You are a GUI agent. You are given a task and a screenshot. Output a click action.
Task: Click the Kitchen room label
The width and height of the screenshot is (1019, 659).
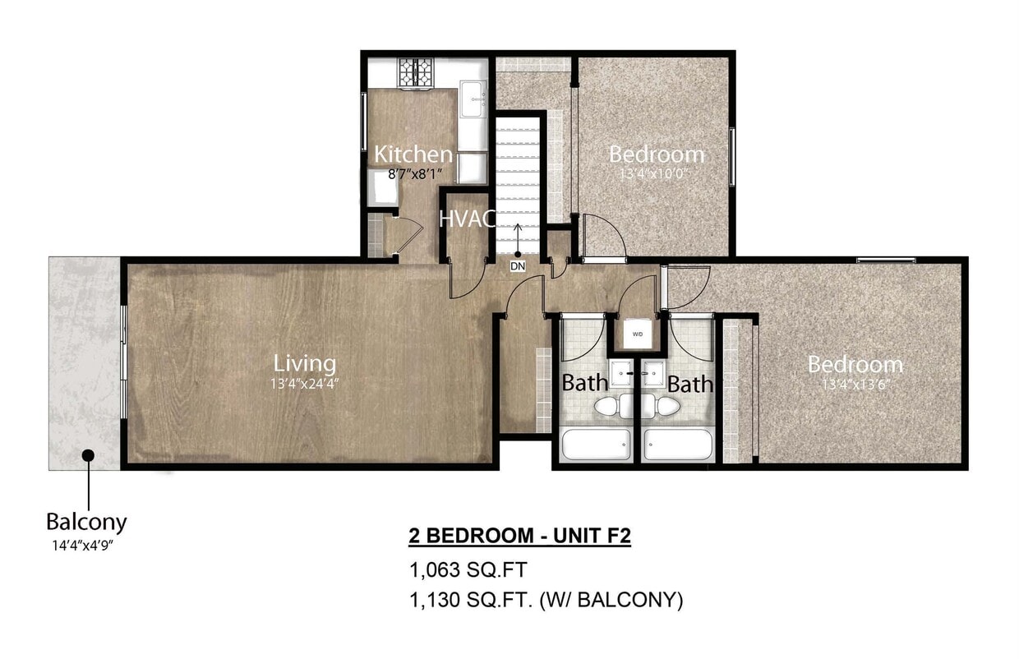click(413, 154)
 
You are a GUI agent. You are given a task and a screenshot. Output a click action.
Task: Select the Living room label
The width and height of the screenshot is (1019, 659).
click(305, 362)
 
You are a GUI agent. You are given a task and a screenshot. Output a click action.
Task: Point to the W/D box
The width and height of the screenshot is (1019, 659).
click(638, 334)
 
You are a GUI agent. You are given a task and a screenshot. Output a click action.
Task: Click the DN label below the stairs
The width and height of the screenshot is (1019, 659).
click(517, 266)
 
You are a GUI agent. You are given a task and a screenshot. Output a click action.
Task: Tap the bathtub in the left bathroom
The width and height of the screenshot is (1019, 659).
click(597, 445)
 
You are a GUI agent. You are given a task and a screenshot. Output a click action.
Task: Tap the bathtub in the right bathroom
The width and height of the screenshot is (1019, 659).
click(678, 445)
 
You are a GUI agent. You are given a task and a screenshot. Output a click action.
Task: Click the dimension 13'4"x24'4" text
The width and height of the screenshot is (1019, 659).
click(305, 382)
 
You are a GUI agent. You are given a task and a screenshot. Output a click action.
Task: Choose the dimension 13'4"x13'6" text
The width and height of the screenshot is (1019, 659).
click(855, 383)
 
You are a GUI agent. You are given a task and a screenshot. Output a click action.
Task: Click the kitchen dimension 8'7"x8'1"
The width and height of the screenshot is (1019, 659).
click(416, 173)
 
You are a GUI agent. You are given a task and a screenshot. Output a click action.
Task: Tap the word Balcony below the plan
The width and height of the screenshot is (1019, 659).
click(86, 522)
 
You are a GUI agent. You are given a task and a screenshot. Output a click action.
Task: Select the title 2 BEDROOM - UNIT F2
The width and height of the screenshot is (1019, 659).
click(519, 537)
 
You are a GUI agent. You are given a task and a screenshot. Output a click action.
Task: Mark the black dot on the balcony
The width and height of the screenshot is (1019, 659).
click(87, 454)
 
